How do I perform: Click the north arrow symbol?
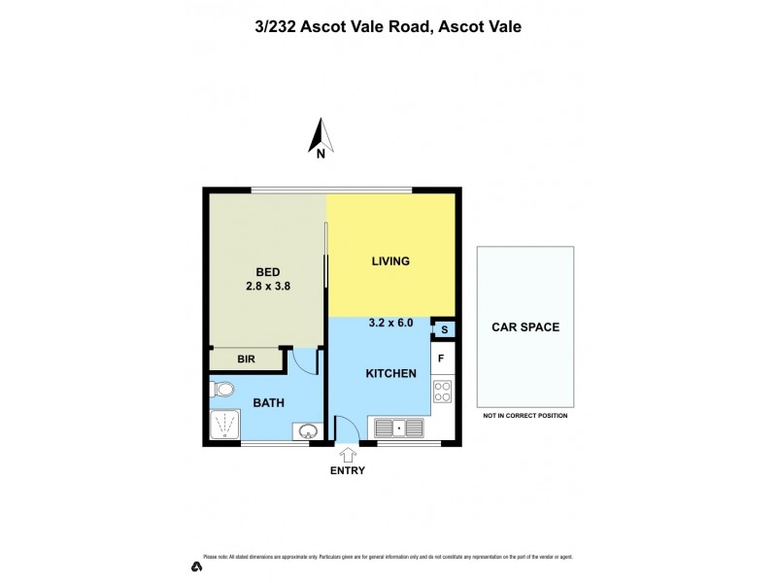[x=321, y=137]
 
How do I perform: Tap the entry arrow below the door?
[x=348, y=454]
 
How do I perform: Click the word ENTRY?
[x=348, y=471]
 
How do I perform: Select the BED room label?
[x=268, y=271]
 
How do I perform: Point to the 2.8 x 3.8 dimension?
[x=268, y=287]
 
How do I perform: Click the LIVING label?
[x=390, y=261]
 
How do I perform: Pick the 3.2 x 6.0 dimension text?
[x=392, y=324]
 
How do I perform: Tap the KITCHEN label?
[x=390, y=374]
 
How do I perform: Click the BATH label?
[x=269, y=401]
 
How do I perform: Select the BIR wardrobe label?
[x=246, y=360]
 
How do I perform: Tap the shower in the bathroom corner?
[x=225, y=425]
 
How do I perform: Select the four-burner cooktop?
[x=442, y=392]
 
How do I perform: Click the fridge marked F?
[x=442, y=359]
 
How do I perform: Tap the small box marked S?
[x=443, y=330]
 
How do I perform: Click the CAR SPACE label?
[x=524, y=327]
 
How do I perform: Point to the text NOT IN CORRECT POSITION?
[x=524, y=416]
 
